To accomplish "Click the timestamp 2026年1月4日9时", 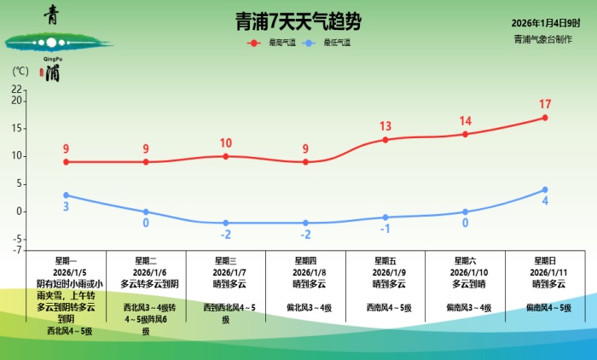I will pyautogui.click(x=546, y=22).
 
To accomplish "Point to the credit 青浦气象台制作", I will pyautogui.click(x=543, y=39).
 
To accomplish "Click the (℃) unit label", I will pyautogui.click(x=21, y=71).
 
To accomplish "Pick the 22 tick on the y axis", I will pyautogui.click(x=17, y=89).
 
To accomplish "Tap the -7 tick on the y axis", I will pyautogui.click(x=17, y=250).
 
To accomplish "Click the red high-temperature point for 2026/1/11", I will pyautogui.click(x=544, y=118).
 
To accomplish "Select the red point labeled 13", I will pyautogui.click(x=385, y=140).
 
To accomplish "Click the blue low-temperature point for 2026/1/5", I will pyautogui.click(x=66, y=195).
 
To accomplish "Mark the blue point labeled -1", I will pyautogui.click(x=385, y=218).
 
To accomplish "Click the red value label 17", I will pyautogui.click(x=544, y=104).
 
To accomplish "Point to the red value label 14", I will pyautogui.click(x=465, y=121).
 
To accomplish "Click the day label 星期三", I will pyautogui.click(x=225, y=260).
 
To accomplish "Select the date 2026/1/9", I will pyautogui.click(x=385, y=271).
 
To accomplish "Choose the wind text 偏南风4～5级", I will pyautogui.click(x=544, y=306).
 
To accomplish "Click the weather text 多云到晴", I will pyautogui.click(x=465, y=283).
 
